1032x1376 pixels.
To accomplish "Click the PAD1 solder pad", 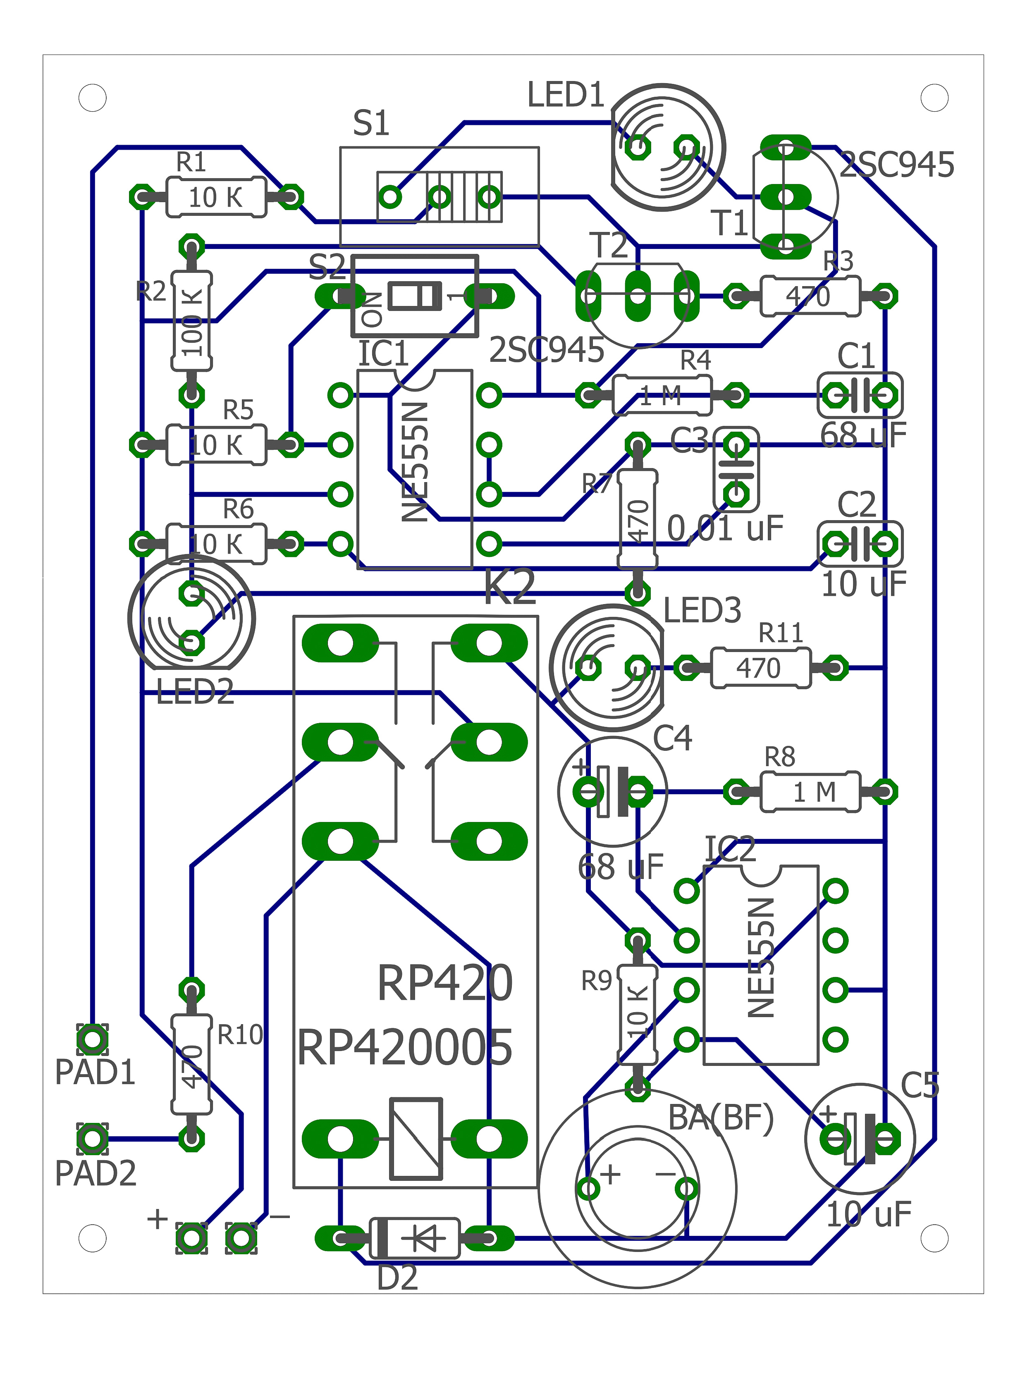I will pyautogui.click(x=92, y=1039).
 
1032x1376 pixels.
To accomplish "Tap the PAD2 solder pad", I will pyautogui.click(x=92, y=1138).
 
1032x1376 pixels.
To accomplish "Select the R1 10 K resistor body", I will pyautogui.click(x=216, y=197).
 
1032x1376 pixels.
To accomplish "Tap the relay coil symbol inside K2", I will pyautogui.click(x=416, y=1138).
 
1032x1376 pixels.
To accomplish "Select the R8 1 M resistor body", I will pyautogui.click(x=810, y=792).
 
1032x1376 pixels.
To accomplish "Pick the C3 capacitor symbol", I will pyautogui.click(x=736, y=470).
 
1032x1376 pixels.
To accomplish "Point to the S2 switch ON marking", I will pyautogui.click(x=372, y=310).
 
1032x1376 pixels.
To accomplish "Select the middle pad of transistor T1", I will pyautogui.click(x=786, y=197).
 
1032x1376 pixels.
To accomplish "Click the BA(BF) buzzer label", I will pyautogui.click(x=720, y=1118).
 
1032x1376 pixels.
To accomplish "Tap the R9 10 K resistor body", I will pyautogui.click(x=637, y=1014).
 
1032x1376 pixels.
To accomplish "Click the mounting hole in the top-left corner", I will pyautogui.click(x=92, y=98).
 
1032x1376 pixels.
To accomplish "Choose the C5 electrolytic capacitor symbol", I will pyautogui.click(x=860, y=1138).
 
